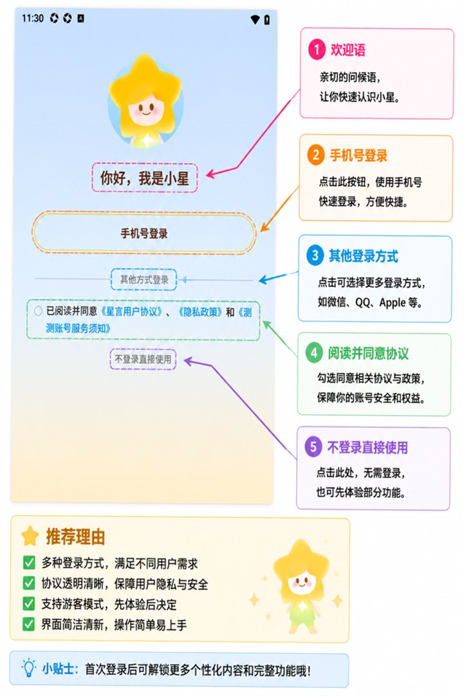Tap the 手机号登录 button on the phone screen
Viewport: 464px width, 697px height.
pos(144,233)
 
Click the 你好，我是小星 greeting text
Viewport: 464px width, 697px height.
pos(144,178)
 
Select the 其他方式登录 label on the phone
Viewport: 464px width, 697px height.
pos(144,280)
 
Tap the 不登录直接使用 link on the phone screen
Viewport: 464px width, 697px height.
pos(143,359)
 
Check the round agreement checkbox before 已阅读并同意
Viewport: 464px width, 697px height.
pos(38,311)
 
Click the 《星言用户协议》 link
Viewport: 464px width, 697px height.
pos(131,312)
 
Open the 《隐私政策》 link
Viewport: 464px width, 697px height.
pos(200,312)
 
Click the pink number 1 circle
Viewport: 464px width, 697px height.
pos(317,50)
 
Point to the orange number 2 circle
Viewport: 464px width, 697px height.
pos(315,156)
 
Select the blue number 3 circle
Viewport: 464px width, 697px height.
pos(315,256)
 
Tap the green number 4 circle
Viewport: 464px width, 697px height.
pos(314,353)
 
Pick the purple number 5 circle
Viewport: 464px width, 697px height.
pos(313,447)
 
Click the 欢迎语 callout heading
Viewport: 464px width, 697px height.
pos(348,50)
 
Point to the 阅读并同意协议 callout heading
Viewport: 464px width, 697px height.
pos(368,354)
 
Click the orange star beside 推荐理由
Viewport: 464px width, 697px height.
pos(30,536)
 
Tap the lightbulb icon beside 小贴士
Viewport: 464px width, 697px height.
pos(28,668)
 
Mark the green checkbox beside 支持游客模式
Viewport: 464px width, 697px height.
pos(29,604)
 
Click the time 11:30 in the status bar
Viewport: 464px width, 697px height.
pos(33,18)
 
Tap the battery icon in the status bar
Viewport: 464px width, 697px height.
pos(267,19)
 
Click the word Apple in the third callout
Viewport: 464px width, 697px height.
pos(393,303)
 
